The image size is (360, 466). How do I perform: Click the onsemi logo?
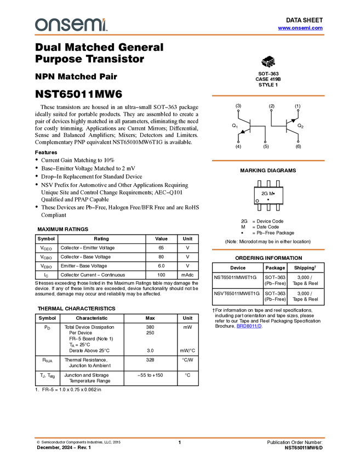71,25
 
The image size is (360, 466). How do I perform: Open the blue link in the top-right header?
300,28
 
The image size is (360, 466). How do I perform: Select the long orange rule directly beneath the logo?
180,35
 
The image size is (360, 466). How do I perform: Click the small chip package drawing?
268,62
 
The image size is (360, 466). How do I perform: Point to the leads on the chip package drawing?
270,65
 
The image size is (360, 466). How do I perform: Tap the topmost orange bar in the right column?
268,95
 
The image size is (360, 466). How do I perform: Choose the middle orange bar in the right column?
268,161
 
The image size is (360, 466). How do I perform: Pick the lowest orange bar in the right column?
268,249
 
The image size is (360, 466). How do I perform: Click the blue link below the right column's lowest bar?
249,327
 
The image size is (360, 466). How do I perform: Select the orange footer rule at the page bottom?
180,438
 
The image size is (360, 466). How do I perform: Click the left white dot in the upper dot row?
238,111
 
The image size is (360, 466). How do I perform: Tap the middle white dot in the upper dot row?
271,110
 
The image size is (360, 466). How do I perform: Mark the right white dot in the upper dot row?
298,110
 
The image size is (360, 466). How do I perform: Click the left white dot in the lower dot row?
238,142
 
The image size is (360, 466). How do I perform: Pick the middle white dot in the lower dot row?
265,142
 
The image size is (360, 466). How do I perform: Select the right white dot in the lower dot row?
298,142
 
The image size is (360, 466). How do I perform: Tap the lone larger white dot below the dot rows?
258,201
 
